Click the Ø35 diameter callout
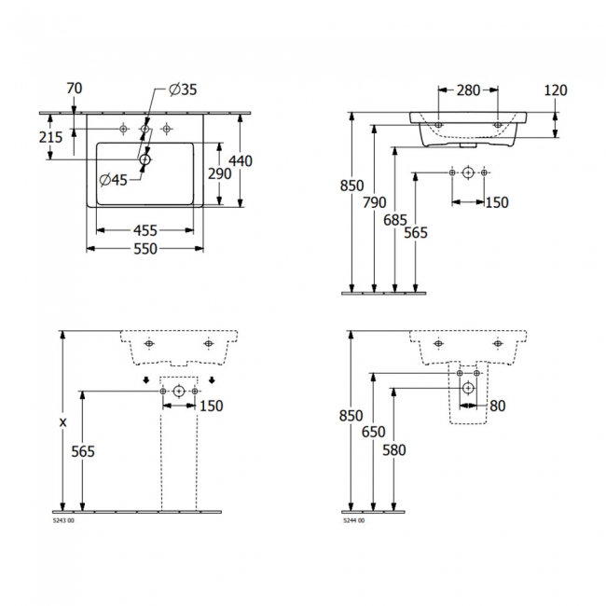183,90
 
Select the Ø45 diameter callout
113,180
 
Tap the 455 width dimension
145,230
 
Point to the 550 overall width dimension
145,249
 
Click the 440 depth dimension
241,160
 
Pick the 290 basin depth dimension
219,174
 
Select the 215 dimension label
50,137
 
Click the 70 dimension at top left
75,89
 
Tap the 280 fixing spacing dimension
468,90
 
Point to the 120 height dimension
556,90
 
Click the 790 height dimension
375,202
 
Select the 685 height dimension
395,220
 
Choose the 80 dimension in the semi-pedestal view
498,406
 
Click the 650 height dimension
373,432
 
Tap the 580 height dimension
393,450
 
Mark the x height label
62,422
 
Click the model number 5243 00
63,520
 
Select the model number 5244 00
353,520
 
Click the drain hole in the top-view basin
145,159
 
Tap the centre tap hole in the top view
145,129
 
